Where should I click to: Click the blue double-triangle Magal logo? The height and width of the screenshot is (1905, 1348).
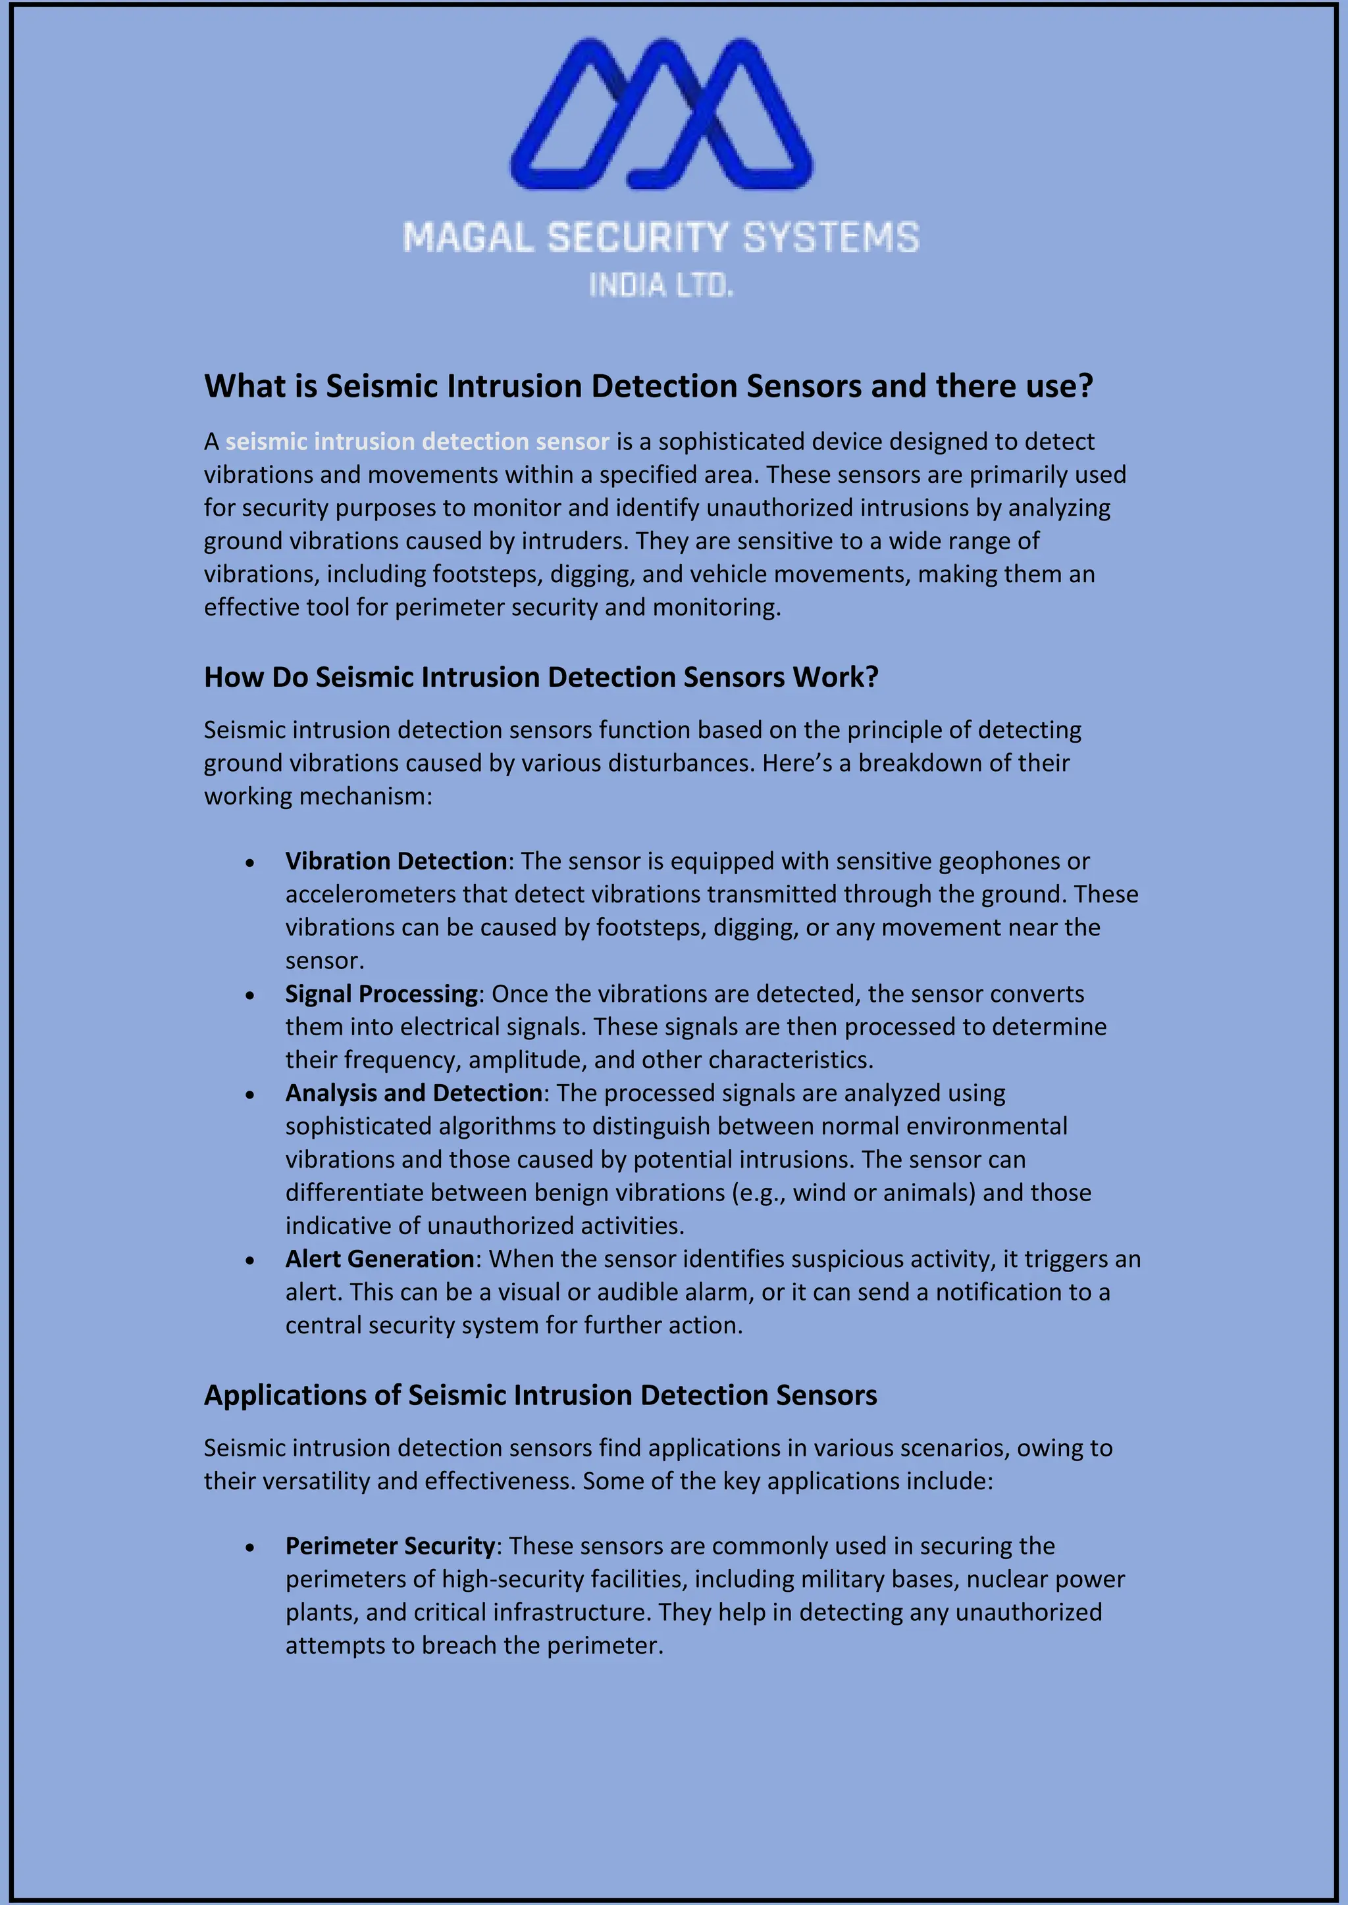coord(661,113)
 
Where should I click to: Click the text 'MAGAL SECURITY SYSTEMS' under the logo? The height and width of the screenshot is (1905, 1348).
coord(661,237)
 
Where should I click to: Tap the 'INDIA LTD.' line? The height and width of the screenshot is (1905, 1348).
coord(661,286)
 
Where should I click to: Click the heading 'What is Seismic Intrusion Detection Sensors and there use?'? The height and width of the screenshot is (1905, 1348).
coord(648,387)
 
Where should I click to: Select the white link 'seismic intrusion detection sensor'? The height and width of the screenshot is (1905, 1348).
coord(417,441)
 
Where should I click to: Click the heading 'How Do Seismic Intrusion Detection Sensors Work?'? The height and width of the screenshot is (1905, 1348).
coord(541,677)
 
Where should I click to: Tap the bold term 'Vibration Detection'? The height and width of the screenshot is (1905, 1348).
coord(396,861)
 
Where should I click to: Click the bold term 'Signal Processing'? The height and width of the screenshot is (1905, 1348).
coord(381,994)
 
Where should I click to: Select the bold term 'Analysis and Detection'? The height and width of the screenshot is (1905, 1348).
coord(413,1093)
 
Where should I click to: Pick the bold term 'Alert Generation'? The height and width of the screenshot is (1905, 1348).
coord(379,1260)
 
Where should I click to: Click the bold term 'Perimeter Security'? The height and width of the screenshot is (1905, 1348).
coord(390,1546)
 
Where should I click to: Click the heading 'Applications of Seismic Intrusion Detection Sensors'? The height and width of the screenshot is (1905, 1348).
coord(540,1396)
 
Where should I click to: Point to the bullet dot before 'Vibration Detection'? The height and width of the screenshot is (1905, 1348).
coord(250,864)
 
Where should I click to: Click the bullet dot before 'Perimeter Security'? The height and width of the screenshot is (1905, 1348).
coord(250,1548)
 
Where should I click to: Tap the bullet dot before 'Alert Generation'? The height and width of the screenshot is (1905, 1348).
coord(250,1261)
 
